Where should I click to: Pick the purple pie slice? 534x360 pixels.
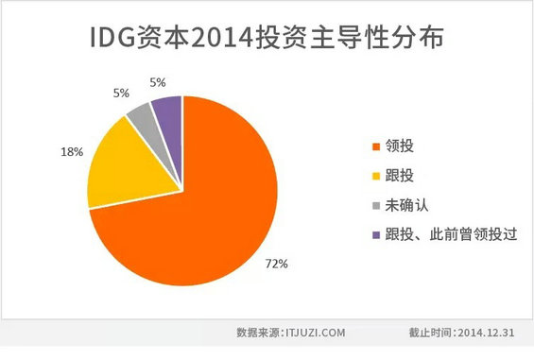168,110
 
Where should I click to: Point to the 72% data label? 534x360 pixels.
275,264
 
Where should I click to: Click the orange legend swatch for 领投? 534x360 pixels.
376,146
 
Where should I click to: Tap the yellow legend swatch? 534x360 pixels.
376,176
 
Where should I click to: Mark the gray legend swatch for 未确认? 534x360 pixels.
376,205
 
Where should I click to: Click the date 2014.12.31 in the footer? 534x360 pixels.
487,333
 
